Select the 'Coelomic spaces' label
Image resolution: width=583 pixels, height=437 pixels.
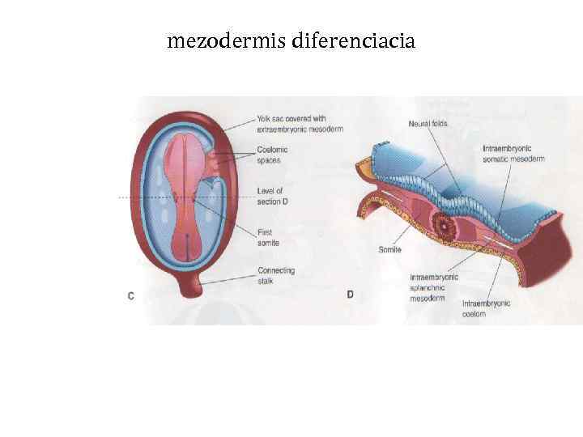point(272,155)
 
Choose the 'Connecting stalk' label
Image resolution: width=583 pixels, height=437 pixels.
point(275,276)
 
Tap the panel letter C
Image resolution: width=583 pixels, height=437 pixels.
point(131,296)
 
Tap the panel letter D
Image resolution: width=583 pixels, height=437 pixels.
point(350,295)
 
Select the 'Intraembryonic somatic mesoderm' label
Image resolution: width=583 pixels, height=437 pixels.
point(513,154)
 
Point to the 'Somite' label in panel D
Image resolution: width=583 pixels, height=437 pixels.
point(389,250)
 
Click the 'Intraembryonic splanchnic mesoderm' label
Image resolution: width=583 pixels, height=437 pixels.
point(434,286)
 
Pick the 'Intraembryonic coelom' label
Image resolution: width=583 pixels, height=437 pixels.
point(486,308)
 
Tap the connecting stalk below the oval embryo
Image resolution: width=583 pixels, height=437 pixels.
point(185,282)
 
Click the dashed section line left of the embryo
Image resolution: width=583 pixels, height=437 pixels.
point(130,197)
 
